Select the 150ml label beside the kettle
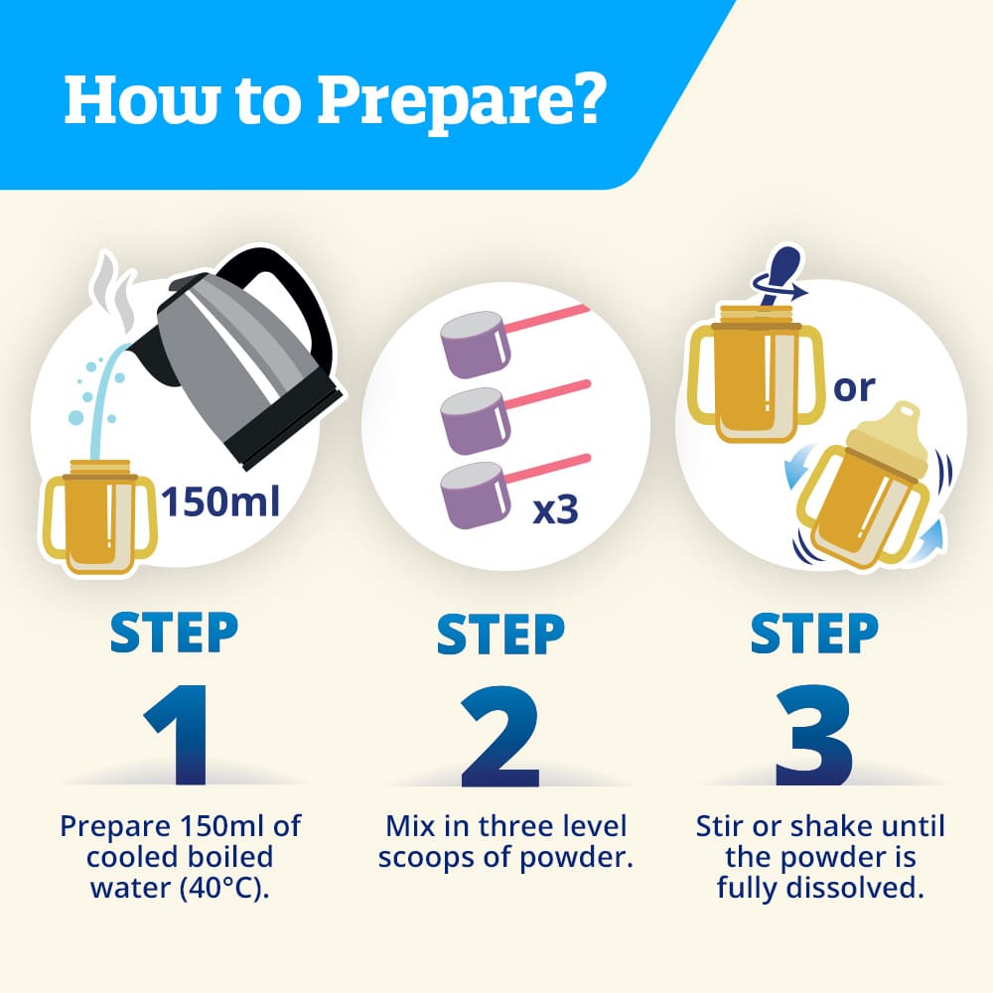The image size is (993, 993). click(220, 501)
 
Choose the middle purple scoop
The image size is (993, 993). click(475, 420)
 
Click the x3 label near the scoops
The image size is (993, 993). click(555, 509)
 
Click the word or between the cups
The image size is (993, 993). click(854, 387)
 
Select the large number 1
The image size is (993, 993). click(179, 734)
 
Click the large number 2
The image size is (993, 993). click(500, 734)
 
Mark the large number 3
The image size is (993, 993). click(814, 734)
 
